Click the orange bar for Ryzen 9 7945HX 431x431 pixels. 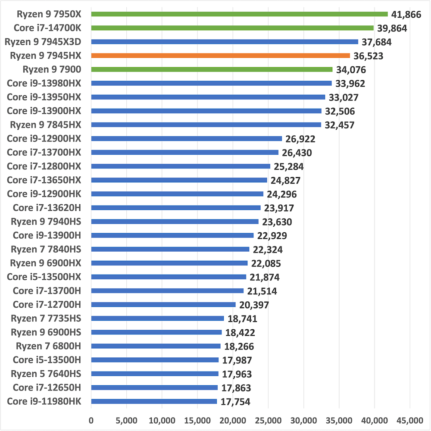coord(221,56)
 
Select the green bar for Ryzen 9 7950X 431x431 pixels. coord(240,14)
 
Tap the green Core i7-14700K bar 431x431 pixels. coord(232,28)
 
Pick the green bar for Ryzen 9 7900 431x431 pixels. coord(212,69)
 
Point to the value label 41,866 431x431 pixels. coord(406,14)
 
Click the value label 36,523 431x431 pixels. coord(369,56)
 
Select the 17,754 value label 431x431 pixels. coord(235,402)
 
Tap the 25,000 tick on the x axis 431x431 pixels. coord(268,420)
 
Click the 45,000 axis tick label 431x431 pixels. coord(409,420)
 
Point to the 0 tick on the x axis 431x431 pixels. coord(91,420)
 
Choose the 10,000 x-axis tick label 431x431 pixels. coord(162,420)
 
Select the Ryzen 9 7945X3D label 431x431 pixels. coord(48,42)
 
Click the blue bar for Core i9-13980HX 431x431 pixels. coord(212,83)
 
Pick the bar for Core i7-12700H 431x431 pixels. coord(164,304)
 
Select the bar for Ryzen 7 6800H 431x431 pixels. coord(156,346)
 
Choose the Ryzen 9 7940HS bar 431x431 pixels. coord(175,222)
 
